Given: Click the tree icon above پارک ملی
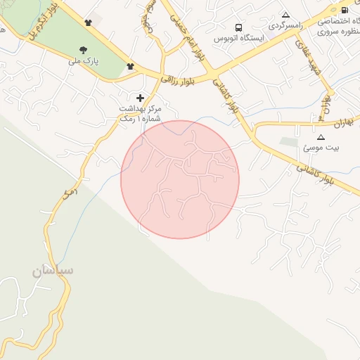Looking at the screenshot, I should (84, 49).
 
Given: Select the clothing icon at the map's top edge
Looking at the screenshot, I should (88, 23).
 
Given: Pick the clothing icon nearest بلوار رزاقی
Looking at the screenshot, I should (130, 67).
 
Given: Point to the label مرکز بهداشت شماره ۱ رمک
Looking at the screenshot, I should (141, 115).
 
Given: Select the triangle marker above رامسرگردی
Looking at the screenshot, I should (285, 15).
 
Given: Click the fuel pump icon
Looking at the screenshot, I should (344, 10).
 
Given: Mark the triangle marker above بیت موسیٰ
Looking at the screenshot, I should (321, 137).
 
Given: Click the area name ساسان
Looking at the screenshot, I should (53, 270).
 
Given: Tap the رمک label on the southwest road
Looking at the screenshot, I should (68, 191).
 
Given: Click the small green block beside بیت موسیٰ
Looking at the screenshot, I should (289, 142).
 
